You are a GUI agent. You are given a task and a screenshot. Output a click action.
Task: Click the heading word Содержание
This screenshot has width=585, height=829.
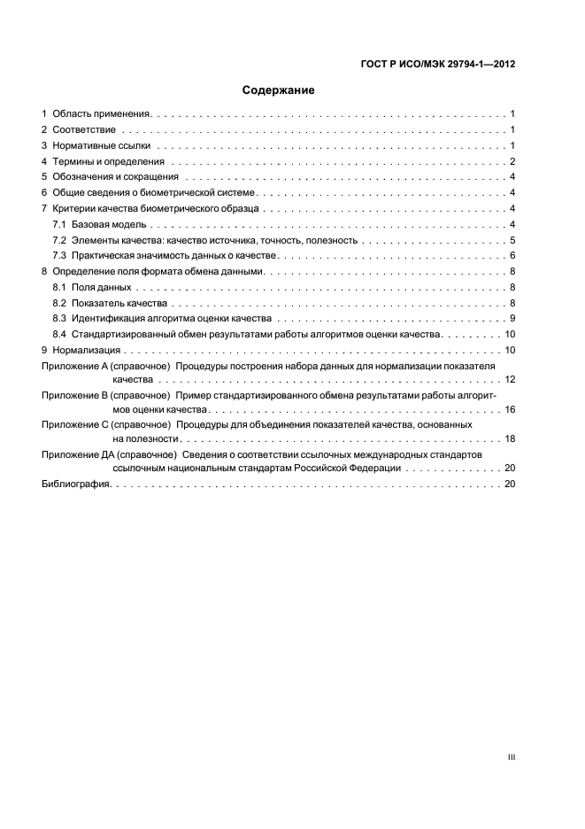pos(279,90)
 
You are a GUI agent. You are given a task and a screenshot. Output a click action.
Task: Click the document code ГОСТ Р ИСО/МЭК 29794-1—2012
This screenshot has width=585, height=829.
pos(438,64)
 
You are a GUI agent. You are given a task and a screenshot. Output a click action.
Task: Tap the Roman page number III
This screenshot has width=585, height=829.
pos(512,758)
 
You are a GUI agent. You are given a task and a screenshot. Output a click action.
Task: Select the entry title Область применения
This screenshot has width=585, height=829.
pos(103,114)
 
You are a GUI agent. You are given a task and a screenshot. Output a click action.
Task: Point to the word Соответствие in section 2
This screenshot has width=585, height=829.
pos(82,130)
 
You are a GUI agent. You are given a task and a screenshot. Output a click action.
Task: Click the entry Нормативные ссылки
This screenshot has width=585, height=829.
pos(102,145)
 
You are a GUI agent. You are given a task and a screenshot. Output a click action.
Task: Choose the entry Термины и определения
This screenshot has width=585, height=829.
pos(109,161)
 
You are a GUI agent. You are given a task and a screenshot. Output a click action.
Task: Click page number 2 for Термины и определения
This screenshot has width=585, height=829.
pos(512,161)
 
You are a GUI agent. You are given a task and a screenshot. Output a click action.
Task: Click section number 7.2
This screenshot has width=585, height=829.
pos(59,240)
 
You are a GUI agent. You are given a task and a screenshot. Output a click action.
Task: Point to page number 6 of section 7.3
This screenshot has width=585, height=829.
pos(512,255)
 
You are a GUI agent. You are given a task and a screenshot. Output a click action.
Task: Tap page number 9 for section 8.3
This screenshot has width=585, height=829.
pos(512,318)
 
